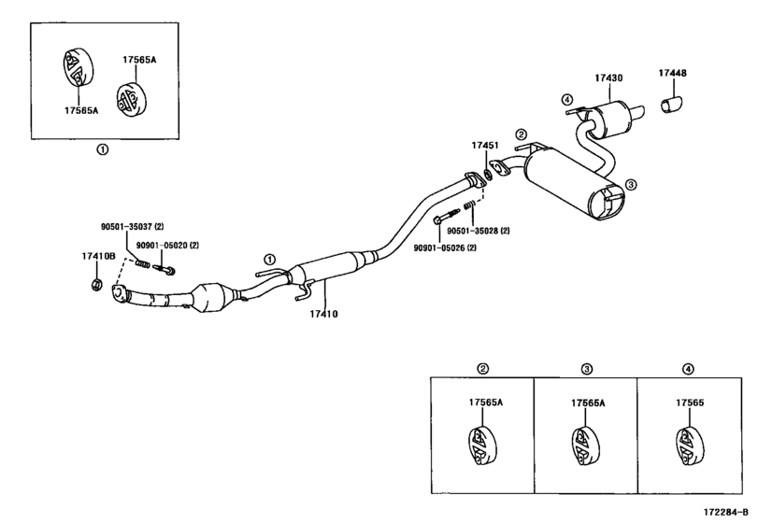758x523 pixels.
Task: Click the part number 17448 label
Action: click(672, 73)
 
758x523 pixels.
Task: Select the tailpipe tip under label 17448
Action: click(672, 105)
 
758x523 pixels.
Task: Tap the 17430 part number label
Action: click(608, 78)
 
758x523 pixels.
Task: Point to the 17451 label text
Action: click(485, 146)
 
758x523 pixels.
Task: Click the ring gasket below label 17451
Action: click(488, 175)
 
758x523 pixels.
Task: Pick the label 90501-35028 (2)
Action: click(479, 231)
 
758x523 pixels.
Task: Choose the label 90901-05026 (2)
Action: click(445, 247)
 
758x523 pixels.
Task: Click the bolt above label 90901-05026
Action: click(447, 216)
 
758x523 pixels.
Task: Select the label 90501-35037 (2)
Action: click(133, 226)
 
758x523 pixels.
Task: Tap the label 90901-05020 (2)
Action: click(167, 246)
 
